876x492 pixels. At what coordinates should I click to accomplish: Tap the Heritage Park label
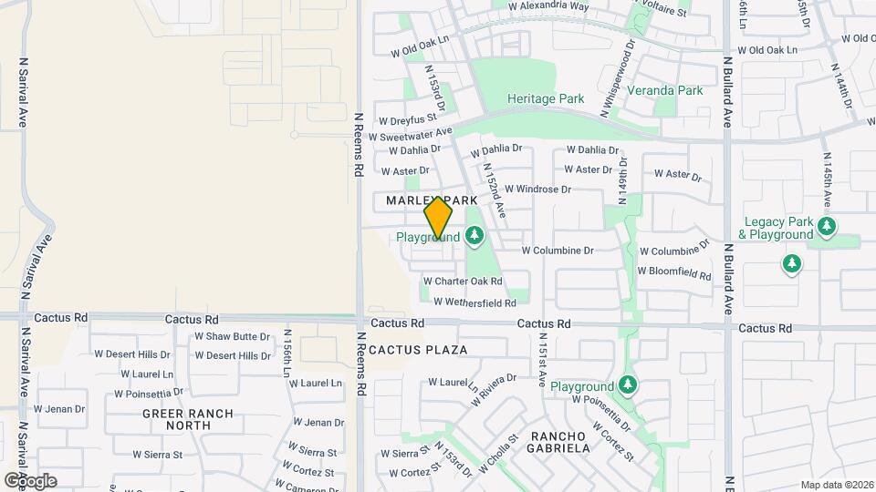[546, 97]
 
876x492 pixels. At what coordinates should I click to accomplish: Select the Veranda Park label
[671, 90]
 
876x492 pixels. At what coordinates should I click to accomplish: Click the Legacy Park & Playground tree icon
[827, 225]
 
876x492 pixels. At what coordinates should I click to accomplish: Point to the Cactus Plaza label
[419, 350]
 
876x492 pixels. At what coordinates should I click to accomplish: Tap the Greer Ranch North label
[188, 419]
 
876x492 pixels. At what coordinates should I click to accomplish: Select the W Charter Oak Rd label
[463, 282]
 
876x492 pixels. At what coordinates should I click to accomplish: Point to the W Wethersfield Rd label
[474, 302]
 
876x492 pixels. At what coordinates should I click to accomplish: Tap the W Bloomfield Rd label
[674, 272]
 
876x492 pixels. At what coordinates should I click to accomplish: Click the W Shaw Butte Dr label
[233, 336]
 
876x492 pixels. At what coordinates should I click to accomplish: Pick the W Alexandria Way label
[549, 5]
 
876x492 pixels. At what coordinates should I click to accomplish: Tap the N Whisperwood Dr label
[617, 83]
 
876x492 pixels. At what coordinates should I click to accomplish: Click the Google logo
[30, 480]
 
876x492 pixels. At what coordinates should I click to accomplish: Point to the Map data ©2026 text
[836, 485]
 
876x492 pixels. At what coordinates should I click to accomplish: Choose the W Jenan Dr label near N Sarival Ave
[59, 409]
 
